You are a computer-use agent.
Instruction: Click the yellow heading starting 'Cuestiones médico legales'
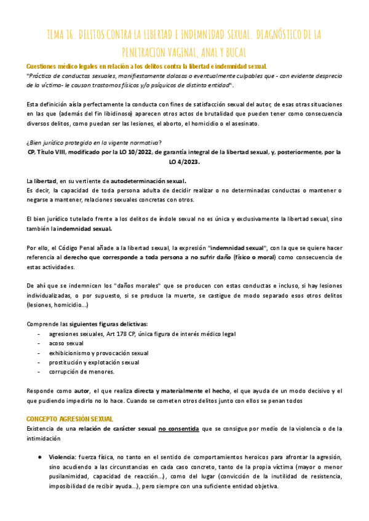pos(146,66)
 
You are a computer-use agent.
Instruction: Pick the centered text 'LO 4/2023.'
pos(184,162)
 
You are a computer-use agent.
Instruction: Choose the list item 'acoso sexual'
pos(66,343)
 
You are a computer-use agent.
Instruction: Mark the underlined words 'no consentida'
pos(179,428)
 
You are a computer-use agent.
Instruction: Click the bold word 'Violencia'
pos(61,457)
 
